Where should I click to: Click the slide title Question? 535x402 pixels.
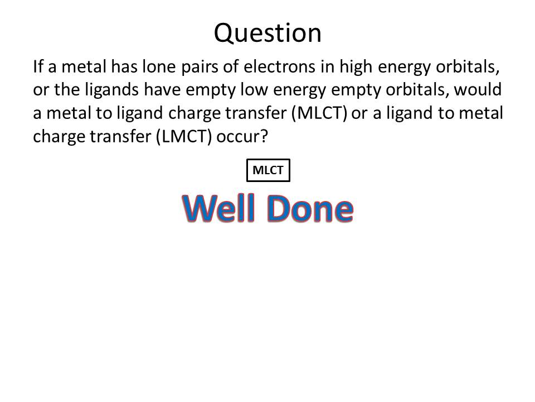pyautogui.click(x=267, y=33)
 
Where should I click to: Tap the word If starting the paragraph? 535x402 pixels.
pyautogui.click(x=37, y=66)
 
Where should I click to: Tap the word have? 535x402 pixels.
pyautogui.click(x=162, y=89)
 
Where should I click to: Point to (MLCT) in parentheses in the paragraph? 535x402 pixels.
pyautogui.click(x=319, y=113)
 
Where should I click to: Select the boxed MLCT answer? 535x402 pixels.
pyautogui.click(x=268, y=170)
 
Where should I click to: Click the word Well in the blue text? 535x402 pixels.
pyautogui.click(x=218, y=208)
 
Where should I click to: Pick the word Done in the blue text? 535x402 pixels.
pyautogui.click(x=309, y=208)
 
